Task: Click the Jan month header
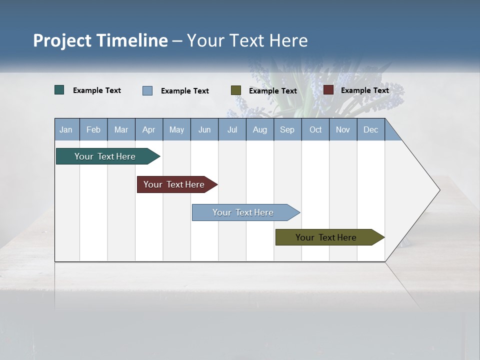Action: (x=66, y=129)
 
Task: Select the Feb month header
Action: (x=93, y=129)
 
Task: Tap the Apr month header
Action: (x=148, y=129)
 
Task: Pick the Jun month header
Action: (x=204, y=129)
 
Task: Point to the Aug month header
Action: (x=259, y=129)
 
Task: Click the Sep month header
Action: (x=287, y=129)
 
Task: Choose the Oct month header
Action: (x=315, y=129)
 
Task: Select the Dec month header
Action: (x=370, y=129)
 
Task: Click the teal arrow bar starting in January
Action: (x=105, y=156)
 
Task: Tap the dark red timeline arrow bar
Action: (x=174, y=184)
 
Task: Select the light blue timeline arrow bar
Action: (x=243, y=212)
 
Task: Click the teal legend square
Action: (x=59, y=90)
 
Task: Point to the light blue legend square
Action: (x=147, y=90)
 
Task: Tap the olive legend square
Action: (x=236, y=90)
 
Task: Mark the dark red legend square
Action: (x=328, y=90)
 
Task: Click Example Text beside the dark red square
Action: (x=364, y=90)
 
